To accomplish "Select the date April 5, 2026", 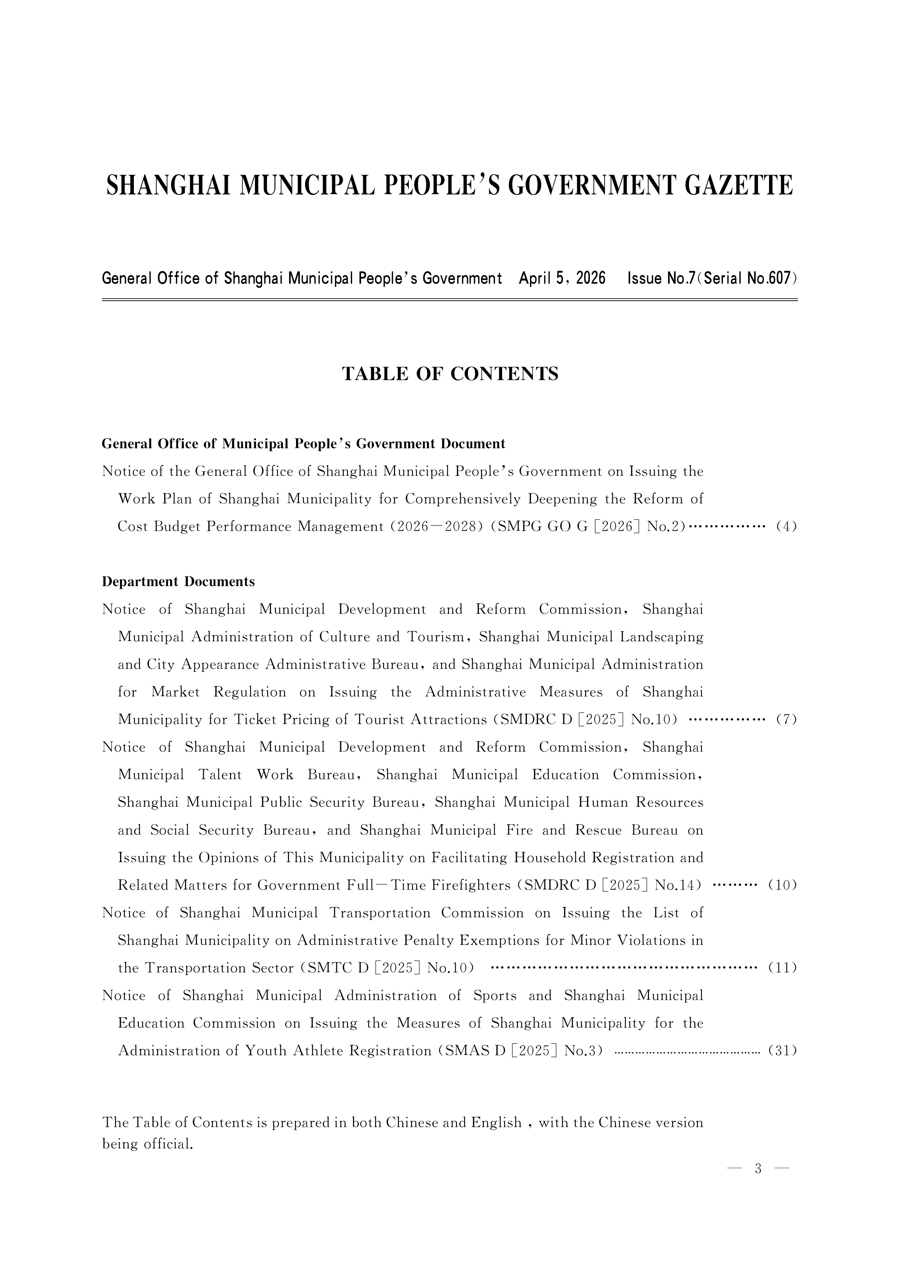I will (562, 278).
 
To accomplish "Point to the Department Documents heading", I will (178, 582).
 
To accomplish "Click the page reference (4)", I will (786, 526).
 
